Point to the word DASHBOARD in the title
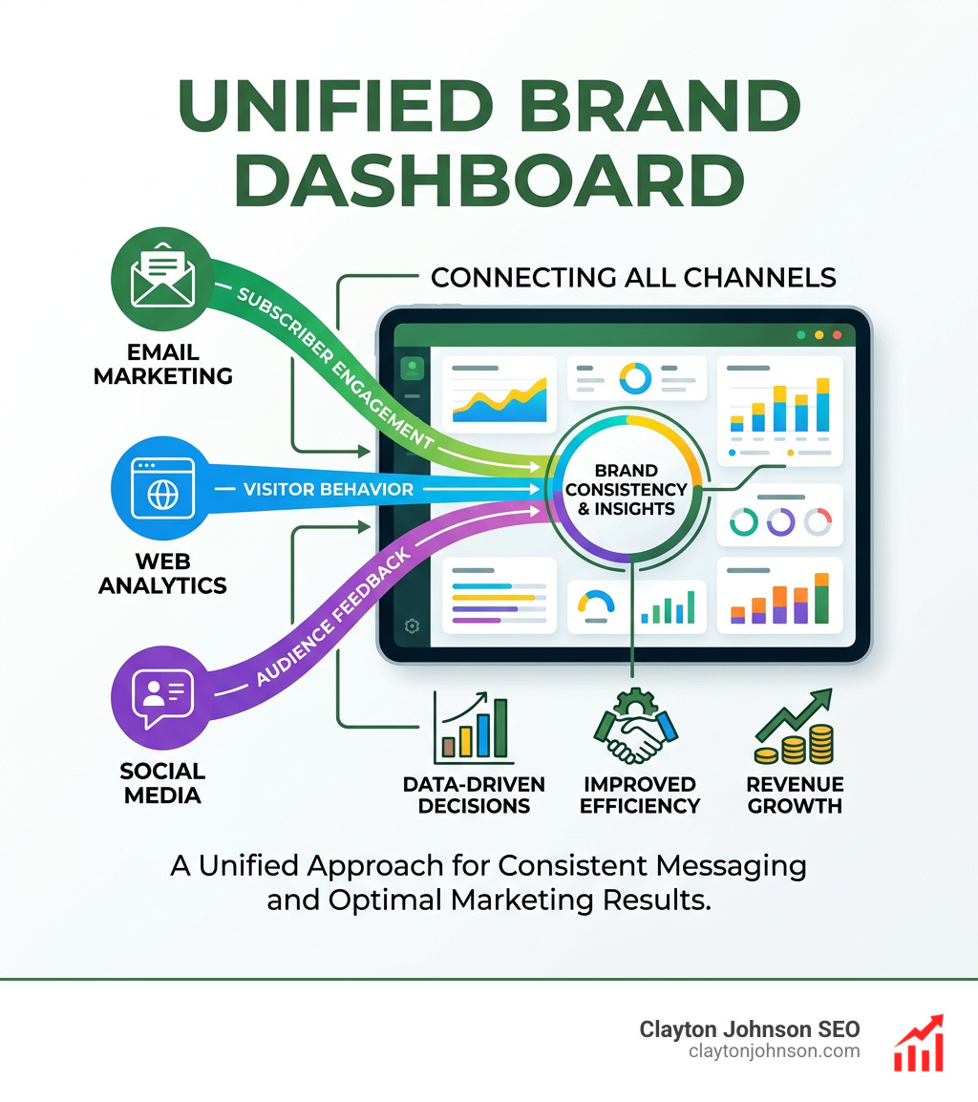(489, 181)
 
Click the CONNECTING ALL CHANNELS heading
(633, 278)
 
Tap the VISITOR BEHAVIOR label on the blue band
(328, 490)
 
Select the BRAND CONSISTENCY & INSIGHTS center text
(626, 489)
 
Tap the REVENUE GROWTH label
(795, 795)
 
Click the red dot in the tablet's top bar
(837, 335)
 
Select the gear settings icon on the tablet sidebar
(413, 626)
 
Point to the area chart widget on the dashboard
(499, 394)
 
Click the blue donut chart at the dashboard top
(635, 378)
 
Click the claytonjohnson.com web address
(774, 1051)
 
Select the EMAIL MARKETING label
(162, 365)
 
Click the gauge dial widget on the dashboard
(597, 604)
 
